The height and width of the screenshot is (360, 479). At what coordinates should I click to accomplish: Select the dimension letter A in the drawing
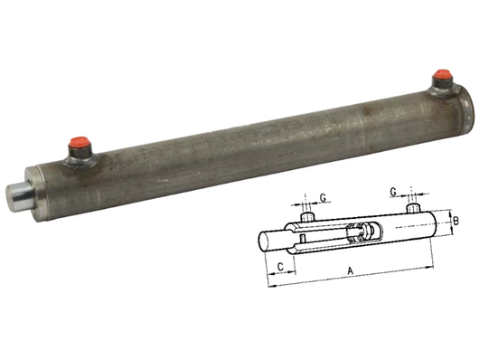pyautogui.click(x=350, y=270)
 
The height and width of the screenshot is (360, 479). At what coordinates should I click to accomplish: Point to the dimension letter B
pyautogui.click(x=457, y=221)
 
